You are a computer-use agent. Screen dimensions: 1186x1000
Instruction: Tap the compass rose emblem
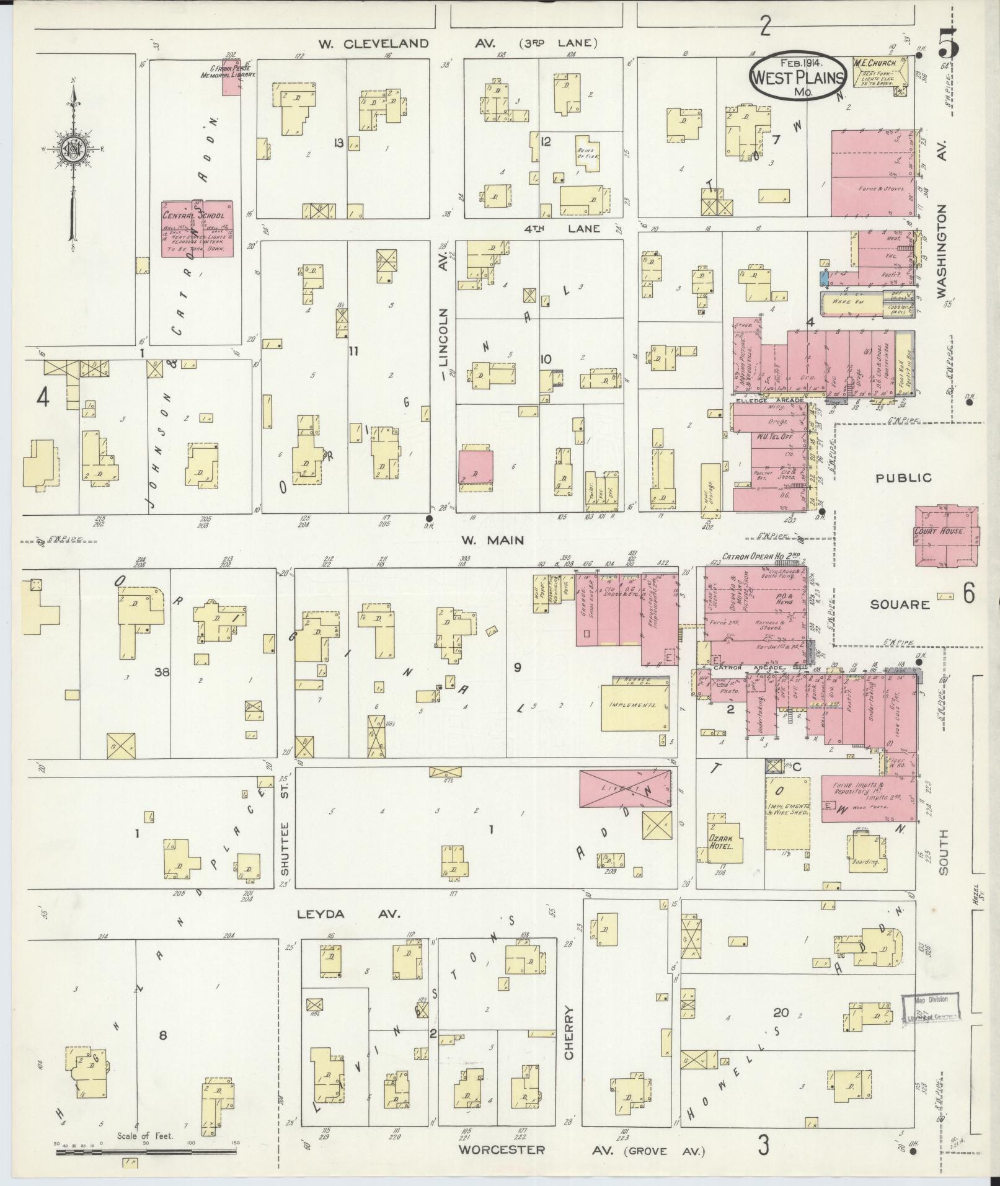coord(73,149)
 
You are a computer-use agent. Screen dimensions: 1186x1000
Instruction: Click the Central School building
coord(198,228)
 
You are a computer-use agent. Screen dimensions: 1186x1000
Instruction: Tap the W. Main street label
coord(492,541)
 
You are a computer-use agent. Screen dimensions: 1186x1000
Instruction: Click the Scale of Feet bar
coord(146,1151)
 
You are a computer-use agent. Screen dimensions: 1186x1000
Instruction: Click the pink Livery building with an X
coord(625,788)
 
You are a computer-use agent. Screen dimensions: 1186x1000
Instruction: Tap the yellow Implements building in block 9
coord(635,706)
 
